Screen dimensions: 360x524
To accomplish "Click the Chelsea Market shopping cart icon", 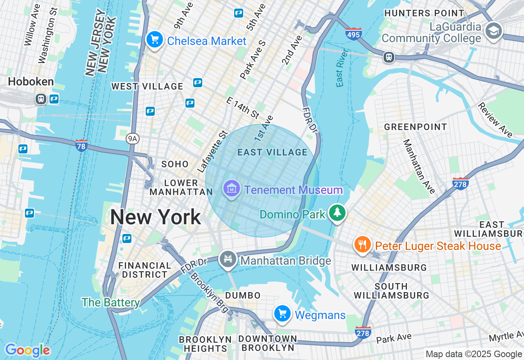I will tap(155, 40).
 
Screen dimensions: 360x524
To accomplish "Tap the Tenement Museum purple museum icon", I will tap(232, 189).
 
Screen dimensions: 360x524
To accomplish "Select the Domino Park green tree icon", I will tap(337, 212).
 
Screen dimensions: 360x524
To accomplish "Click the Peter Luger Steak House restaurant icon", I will tap(362, 245).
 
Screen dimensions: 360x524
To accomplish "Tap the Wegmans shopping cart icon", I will tap(282, 314).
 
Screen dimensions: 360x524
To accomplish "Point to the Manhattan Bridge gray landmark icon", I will tap(228, 259).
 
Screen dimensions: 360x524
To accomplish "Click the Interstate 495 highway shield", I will tap(353, 34).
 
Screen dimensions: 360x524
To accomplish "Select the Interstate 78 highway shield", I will tap(81, 145).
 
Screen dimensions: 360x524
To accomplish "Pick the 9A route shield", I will tap(132, 139).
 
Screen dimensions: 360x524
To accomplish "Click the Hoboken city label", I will tap(31, 82).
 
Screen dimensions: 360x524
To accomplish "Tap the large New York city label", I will tap(155, 217).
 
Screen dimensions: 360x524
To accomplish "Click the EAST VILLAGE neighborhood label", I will tap(272, 153).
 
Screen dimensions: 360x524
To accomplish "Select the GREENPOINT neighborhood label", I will tap(415, 127).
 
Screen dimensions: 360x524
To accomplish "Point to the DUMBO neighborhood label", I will tap(243, 295).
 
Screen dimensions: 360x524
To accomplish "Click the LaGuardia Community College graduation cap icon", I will tap(494, 31).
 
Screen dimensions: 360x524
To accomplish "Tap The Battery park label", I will tap(111, 303).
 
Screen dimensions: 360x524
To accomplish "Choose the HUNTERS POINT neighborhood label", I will tap(424, 13).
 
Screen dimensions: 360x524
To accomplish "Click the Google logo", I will tap(27, 350).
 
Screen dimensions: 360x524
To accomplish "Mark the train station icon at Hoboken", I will tap(41, 99).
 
